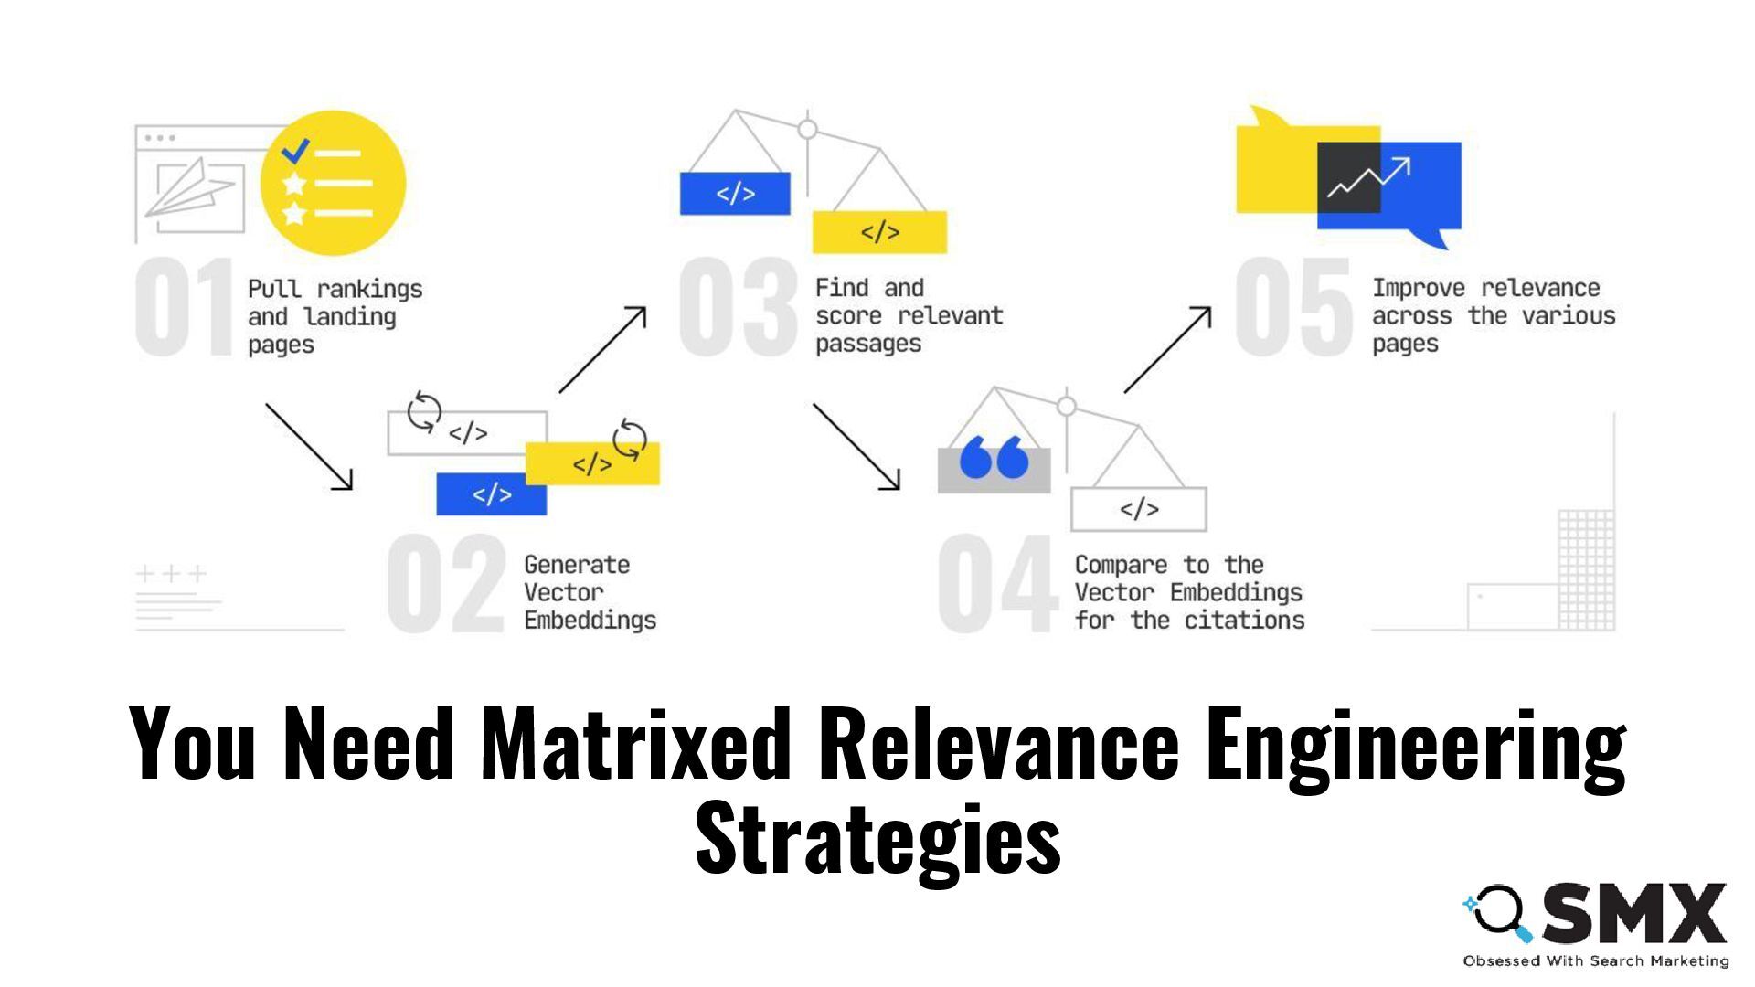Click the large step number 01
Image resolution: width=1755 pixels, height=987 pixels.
tap(185, 307)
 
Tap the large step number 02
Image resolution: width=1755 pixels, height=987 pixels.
tap(445, 584)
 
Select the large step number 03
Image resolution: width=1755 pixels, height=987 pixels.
tap(738, 307)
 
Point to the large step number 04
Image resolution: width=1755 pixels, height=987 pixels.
tap(997, 584)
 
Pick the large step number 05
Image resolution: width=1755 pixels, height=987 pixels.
tap(1292, 307)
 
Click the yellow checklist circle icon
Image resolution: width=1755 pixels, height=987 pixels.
tap(333, 183)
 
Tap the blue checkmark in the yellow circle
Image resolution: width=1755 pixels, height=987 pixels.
tap(295, 151)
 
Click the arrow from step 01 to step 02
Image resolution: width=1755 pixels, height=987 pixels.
tap(309, 446)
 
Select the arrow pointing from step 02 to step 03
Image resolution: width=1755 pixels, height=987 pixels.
tap(602, 350)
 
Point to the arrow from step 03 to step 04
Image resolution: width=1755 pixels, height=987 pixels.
tap(856, 446)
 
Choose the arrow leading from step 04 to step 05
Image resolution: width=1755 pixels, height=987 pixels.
tap(1167, 350)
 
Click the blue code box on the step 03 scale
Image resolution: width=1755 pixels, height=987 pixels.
tap(735, 194)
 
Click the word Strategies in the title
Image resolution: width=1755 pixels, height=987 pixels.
tap(877, 837)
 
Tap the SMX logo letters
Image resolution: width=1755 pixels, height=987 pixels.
tap(1633, 913)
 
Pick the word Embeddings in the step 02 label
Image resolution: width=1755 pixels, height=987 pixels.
tap(590, 621)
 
